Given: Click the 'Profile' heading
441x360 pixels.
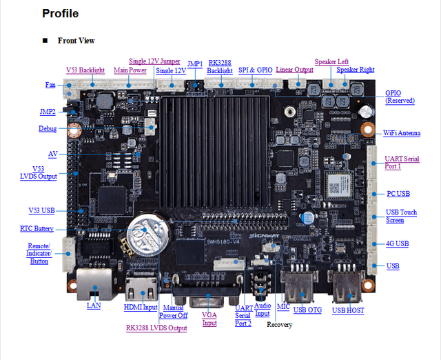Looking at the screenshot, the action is tap(60, 14).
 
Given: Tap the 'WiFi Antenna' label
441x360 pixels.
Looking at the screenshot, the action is tap(402, 133).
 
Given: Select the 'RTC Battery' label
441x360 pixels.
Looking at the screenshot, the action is tap(37, 228).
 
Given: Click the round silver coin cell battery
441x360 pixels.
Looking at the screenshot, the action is tap(148, 235).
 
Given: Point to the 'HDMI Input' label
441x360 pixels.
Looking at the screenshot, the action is tap(141, 307).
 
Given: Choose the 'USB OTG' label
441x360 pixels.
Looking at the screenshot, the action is tap(307, 310).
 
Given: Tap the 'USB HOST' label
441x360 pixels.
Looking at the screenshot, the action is tap(348, 310).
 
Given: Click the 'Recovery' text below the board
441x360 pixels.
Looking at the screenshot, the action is tap(279, 325).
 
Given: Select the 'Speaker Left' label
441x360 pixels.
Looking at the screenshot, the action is tap(331, 61).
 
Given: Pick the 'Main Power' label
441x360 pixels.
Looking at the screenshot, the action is tap(130, 70).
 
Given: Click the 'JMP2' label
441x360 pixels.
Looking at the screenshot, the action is tap(48, 112).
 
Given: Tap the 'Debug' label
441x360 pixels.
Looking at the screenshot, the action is tap(48, 129).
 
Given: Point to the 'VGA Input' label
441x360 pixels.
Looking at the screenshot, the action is tap(209, 319).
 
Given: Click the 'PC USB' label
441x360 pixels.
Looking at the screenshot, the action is tap(398, 194).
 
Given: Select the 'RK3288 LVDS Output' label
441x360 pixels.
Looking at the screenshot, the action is tap(156, 328).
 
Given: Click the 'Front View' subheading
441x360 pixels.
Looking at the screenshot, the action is tap(76, 41).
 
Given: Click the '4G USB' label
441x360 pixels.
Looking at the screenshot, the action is tap(397, 243).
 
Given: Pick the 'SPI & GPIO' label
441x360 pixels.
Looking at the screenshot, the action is tap(256, 70).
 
